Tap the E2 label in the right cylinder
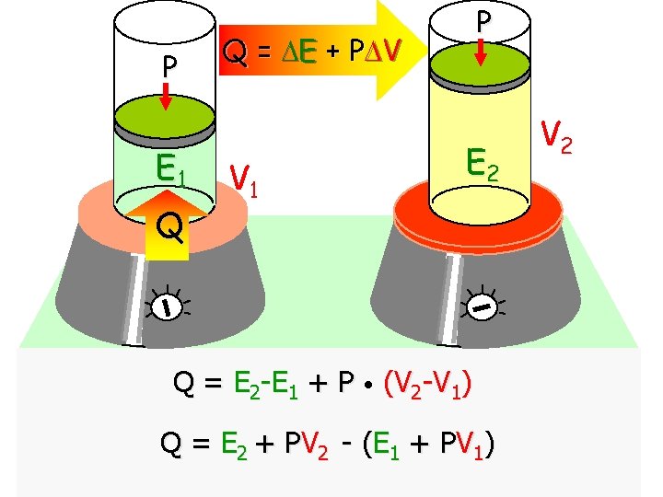pyautogui.click(x=484, y=165)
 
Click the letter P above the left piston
pyautogui.click(x=168, y=67)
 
